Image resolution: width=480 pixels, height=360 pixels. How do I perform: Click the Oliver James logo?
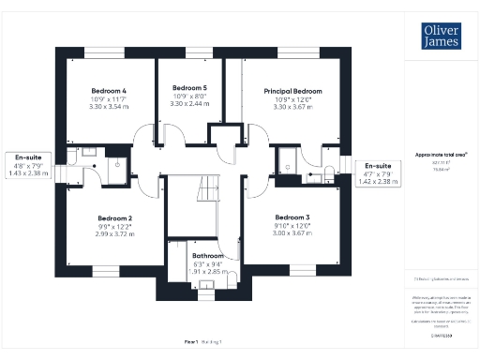pyautogui.click(x=441, y=36)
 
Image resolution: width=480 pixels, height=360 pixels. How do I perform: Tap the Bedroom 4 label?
pyautogui.click(x=110, y=90)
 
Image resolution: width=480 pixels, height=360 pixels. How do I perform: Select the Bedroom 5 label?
pyautogui.click(x=190, y=87)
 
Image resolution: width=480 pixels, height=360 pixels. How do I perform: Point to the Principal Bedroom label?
pyautogui.click(x=293, y=91)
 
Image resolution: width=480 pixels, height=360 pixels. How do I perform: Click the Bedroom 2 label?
pyautogui.click(x=114, y=217)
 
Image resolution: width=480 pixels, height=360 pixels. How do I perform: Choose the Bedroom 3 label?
pyautogui.click(x=294, y=217)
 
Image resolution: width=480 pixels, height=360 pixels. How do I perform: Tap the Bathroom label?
pyautogui.click(x=207, y=255)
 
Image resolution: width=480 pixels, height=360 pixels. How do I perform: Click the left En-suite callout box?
pyautogui.click(x=27, y=165)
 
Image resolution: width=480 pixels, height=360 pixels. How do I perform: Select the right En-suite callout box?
pyautogui.click(x=379, y=172)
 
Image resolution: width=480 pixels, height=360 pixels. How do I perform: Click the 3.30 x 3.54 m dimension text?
pyautogui.click(x=110, y=108)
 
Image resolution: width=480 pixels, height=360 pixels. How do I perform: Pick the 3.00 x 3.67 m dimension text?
pyautogui.click(x=294, y=233)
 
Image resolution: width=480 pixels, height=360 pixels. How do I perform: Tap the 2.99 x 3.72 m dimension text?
pyautogui.click(x=114, y=233)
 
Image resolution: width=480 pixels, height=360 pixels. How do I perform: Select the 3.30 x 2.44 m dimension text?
pyautogui.click(x=190, y=103)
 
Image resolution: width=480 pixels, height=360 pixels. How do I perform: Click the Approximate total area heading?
pyautogui.click(x=441, y=153)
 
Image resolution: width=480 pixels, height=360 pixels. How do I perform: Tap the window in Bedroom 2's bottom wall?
pyautogui.click(x=105, y=272)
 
